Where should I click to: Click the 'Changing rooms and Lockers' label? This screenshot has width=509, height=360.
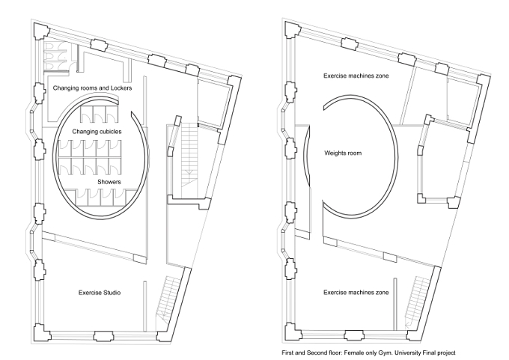[x=93, y=88]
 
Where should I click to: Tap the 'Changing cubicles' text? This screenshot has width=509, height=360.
[x=97, y=132]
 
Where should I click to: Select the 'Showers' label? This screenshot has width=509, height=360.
[x=109, y=182]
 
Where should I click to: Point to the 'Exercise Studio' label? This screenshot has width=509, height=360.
[x=100, y=293]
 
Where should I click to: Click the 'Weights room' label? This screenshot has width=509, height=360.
[x=343, y=153]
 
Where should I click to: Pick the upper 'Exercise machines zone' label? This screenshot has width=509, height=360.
[x=356, y=76]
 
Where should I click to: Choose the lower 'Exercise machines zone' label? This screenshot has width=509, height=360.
[x=356, y=293]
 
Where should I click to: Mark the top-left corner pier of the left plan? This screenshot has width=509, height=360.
[x=41, y=30]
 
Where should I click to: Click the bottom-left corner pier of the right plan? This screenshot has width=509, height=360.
[x=293, y=332]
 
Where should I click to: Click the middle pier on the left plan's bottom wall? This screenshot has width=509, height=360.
[x=103, y=336]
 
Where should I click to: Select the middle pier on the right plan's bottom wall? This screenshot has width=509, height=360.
[x=355, y=335]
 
